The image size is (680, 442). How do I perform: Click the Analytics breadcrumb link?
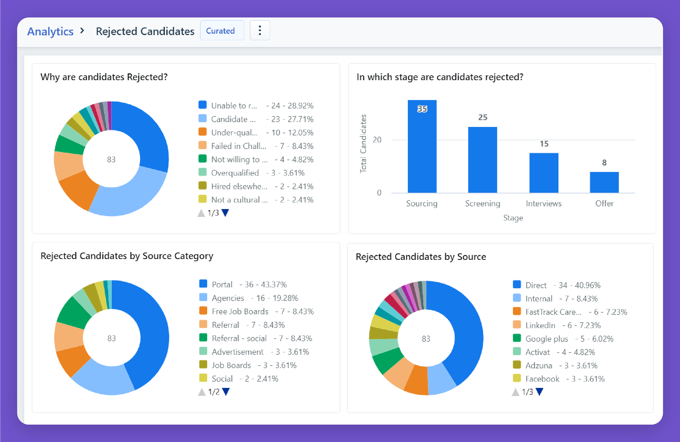coord(50,32)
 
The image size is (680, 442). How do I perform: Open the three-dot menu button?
coord(259,30)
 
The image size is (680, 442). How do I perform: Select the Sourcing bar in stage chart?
coord(422,149)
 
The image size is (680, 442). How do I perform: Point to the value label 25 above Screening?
coord(483,117)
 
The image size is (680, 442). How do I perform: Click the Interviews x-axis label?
coord(544,203)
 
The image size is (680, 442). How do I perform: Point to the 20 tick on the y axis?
coord(377,140)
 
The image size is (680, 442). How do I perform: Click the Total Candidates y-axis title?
coord(363,144)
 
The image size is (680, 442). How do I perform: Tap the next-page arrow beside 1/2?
coord(226,392)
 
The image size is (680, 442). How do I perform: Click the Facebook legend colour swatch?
coord(517,378)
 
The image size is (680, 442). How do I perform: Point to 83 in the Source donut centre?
coord(426,339)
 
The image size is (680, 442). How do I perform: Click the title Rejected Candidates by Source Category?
coord(127,256)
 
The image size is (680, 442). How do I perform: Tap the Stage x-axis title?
coord(513,218)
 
